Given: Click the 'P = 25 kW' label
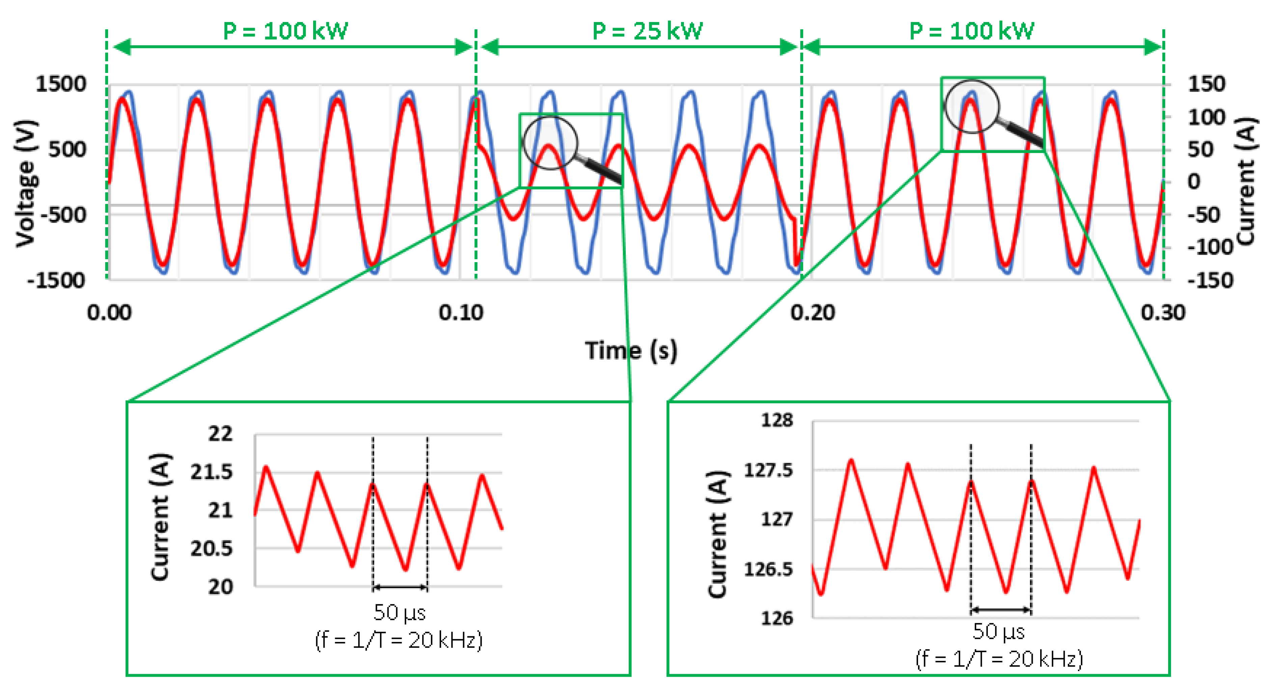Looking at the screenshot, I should pyautogui.click(x=647, y=31).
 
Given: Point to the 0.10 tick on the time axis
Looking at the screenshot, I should pyautogui.click(x=461, y=313).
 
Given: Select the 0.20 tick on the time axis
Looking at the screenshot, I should pyautogui.click(x=812, y=313).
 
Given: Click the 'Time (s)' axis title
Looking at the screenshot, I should pyautogui.click(x=631, y=351).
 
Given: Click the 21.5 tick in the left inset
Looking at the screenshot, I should pyautogui.click(x=212, y=472).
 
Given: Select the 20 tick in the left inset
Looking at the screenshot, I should pyautogui.click(x=220, y=586).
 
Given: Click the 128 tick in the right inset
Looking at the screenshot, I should pyautogui.click(x=777, y=420).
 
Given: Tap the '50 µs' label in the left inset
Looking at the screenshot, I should pyautogui.click(x=399, y=613).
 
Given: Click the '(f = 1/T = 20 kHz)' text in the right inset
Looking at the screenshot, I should pyautogui.click(x=999, y=659).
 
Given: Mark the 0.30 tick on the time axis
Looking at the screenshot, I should pyautogui.click(x=1163, y=313).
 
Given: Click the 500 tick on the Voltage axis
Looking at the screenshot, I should pyautogui.click(x=67, y=149).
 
